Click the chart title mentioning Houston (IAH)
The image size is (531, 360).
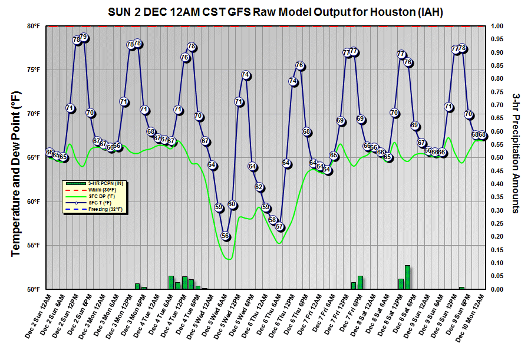pyautogui.click(x=276, y=12)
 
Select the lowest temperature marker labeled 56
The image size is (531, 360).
pyautogui.click(x=225, y=236)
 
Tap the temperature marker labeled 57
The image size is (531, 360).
pyautogui.click(x=279, y=227)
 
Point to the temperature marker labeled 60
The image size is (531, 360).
pyautogui.click(x=232, y=204)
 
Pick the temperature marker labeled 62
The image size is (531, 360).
pyautogui.click(x=259, y=187)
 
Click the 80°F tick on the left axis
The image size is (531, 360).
pyautogui.click(x=32, y=26)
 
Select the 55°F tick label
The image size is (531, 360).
pyautogui.click(x=32, y=245)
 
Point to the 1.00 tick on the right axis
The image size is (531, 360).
pyautogui.click(x=498, y=26)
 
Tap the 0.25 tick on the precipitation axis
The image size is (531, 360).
pyautogui.click(x=498, y=223)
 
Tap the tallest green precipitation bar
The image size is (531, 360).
pyautogui.click(x=407, y=278)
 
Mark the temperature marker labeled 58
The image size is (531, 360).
pyautogui.click(x=273, y=220)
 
